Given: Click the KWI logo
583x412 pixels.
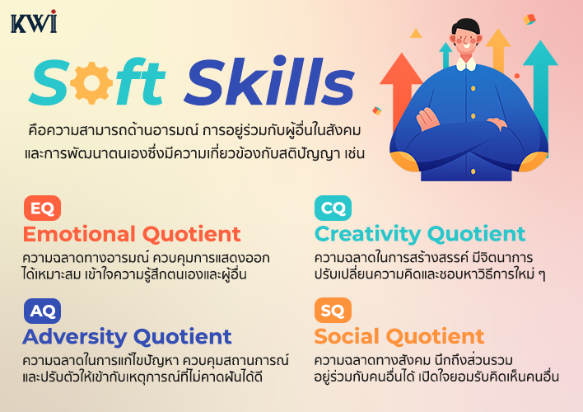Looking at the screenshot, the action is click(34, 21).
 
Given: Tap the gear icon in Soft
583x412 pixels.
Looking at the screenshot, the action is click(91, 82).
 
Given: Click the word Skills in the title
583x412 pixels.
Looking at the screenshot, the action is click(269, 81).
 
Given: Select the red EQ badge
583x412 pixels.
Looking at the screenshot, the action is click(42, 208).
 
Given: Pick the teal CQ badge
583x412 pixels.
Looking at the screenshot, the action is click(333, 208).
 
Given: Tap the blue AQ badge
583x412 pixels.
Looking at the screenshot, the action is click(42, 311).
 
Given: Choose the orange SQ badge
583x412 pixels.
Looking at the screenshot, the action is click(333, 310).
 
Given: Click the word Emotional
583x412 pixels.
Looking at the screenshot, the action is click(79, 234).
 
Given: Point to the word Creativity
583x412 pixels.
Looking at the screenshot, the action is click(367, 234).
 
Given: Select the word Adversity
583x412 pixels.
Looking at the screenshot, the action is click(75, 337).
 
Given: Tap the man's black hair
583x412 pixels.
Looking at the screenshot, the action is click(465, 27).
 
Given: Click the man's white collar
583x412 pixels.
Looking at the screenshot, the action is click(466, 63).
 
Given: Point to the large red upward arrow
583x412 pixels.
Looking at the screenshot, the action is click(401, 89).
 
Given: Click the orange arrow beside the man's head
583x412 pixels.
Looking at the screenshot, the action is click(498, 49).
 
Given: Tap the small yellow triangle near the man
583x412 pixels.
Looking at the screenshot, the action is click(416, 34).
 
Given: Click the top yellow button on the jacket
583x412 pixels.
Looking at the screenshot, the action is click(473, 88).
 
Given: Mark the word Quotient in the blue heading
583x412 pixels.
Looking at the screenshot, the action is click(183, 337).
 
